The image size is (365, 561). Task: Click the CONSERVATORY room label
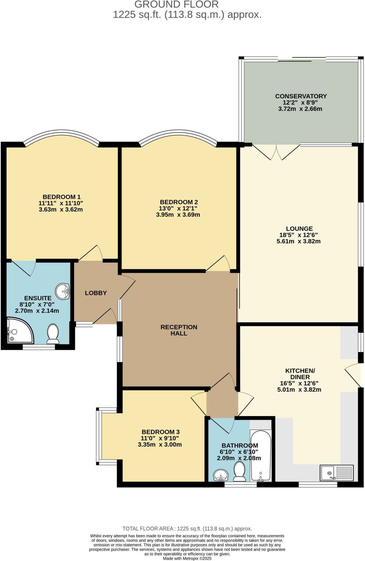(301, 96)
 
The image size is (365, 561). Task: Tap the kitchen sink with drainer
(337, 473)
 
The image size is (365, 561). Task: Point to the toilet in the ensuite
(53, 334)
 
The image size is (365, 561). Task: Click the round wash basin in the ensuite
(63, 291)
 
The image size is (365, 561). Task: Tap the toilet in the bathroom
(240, 471)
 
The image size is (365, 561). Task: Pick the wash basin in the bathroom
(221, 475)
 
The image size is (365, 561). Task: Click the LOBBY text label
(96, 293)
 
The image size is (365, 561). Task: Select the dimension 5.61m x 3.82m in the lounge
(299, 241)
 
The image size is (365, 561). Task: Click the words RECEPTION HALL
(179, 330)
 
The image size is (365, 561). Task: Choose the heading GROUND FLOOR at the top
(176, 4)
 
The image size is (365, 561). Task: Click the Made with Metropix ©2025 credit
(187, 558)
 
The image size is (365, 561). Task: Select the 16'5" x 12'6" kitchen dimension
(299, 383)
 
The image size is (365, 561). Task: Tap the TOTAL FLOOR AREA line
(187, 529)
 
